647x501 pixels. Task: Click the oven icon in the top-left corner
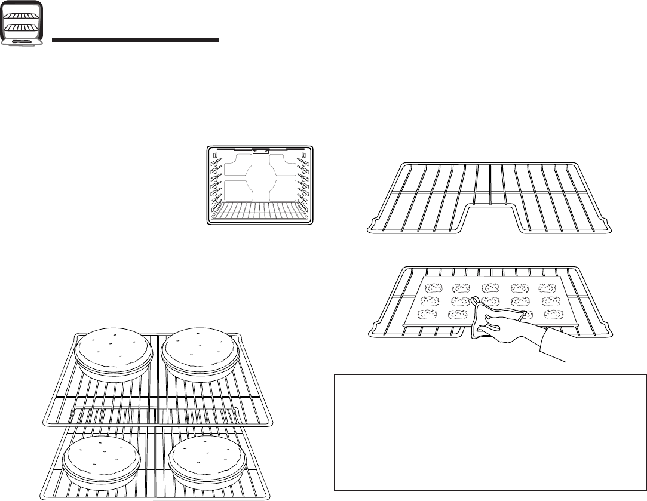22,23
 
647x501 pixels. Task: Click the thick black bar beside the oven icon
136,41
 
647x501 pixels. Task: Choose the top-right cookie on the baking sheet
548,288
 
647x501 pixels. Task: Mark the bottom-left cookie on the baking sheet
427,314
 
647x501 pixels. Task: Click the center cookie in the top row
490,288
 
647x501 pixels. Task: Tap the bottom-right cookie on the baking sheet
553,314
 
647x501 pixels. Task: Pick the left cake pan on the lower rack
102,463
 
